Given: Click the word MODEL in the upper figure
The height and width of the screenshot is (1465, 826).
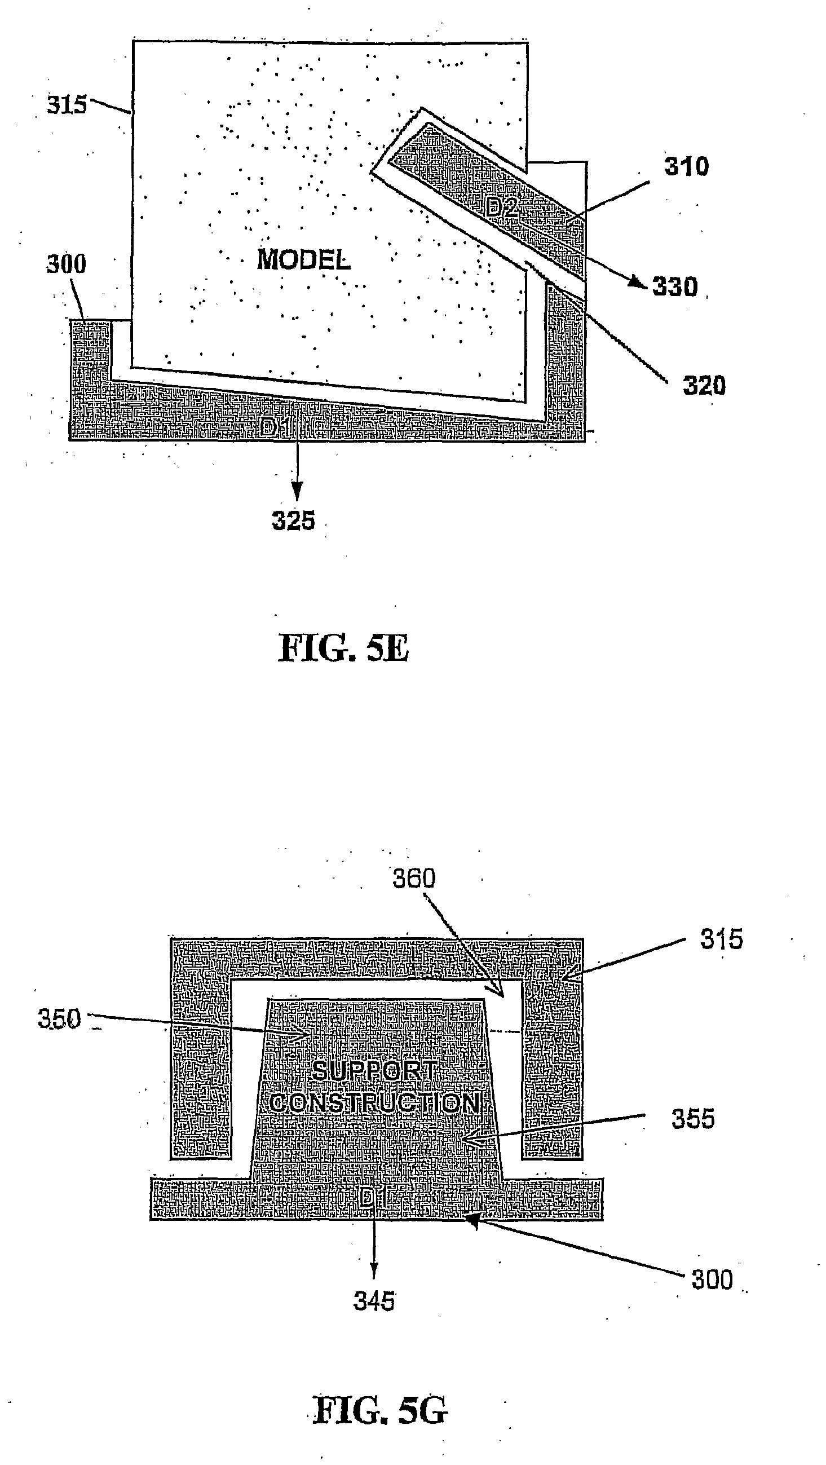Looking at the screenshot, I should tap(303, 260).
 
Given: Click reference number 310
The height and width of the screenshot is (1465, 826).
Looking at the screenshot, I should tap(687, 167).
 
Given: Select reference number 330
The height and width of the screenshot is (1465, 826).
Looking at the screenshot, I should tap(675, 286).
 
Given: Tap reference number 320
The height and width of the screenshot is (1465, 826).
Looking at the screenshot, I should tap(704, 386).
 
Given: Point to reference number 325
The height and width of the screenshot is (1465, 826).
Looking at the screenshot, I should tap(293, 520).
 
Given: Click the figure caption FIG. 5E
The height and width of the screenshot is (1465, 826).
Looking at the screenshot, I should tap(343, 649).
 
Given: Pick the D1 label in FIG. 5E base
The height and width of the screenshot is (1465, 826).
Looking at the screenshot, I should tap(275, 427).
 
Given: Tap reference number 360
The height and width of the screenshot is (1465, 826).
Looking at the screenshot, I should tap(414, 879).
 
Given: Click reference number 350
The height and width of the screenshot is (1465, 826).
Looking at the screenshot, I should tap(59, 1018).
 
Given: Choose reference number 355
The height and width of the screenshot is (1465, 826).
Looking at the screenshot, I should tap(693, 1119).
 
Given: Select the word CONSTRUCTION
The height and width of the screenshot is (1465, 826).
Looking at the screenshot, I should tap(375, 1103).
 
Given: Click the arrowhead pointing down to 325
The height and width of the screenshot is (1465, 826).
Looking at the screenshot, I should tap(296, 490).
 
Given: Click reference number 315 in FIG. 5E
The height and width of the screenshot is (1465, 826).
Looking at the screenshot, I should tap(67, 105).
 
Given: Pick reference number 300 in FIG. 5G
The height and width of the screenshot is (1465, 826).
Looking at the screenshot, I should tap(712, 1279).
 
